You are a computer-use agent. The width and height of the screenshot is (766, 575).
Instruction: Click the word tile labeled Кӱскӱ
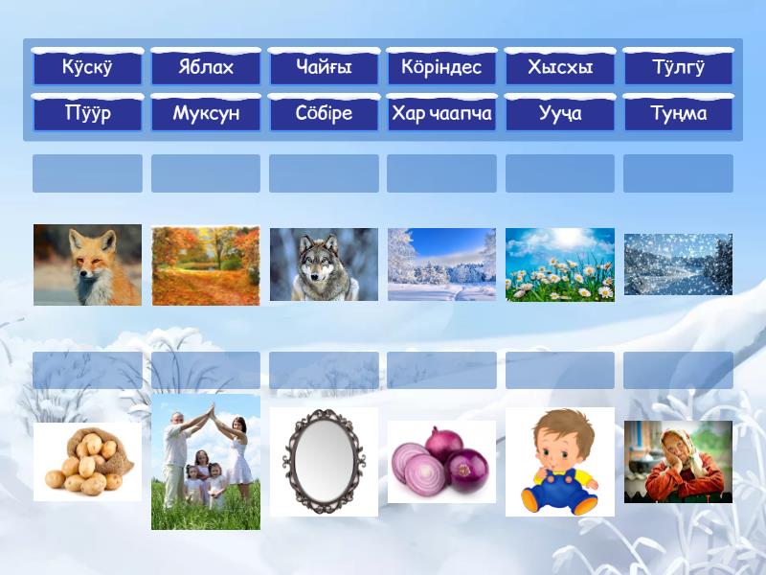pos(87,66)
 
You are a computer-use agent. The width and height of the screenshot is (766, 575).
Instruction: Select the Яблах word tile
pos(206,66)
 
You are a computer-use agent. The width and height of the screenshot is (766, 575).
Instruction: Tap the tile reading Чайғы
pos(324,66)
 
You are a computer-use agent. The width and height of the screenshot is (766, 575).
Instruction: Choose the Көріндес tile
pos(441,66)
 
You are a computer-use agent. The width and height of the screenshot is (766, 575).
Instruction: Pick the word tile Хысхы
pos(560,66)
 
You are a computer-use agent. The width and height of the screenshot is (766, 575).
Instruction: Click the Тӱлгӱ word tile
pos(678,66)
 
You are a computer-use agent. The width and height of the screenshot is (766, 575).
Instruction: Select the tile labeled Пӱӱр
pos(87,112)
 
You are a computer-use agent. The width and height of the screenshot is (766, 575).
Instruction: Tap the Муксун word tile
pos(206,112)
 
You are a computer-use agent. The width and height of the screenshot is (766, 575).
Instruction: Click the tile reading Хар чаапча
pos(441,112)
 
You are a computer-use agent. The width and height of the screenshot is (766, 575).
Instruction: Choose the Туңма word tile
pos(678,112)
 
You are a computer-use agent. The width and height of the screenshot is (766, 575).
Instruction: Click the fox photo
pos(87,265)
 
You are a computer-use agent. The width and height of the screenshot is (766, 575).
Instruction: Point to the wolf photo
pos(324,264)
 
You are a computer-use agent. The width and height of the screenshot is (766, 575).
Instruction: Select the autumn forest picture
pos(206,265)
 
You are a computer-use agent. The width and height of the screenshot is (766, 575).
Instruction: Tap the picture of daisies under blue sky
pos(560,264)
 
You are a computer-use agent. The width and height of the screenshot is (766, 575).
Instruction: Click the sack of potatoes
pos(88,461)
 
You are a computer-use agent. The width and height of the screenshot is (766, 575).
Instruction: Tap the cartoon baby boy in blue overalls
pos(560,462)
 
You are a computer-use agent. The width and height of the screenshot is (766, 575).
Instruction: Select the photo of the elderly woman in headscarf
pos(678,462)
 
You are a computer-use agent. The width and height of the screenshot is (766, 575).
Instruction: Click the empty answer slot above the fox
pos(87,173)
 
